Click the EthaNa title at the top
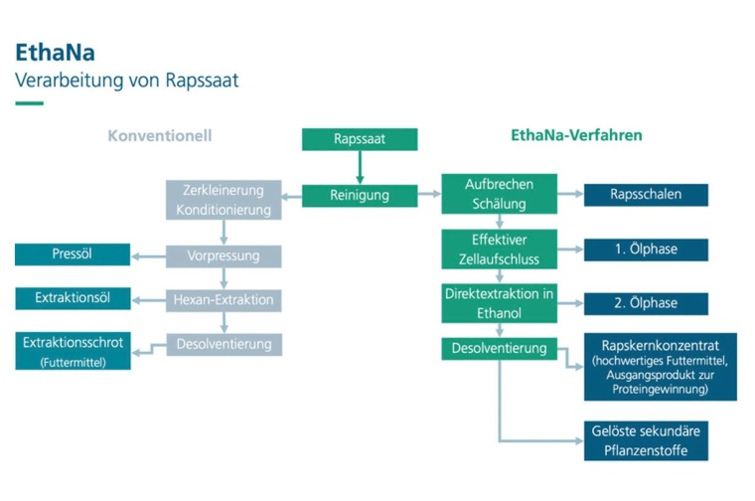[x=56, y=53]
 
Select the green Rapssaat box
[x=360, y=139]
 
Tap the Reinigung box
[x=360, y=196]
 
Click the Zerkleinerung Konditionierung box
[x=224, y=200]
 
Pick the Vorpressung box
[x=224, y=256]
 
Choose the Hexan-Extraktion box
[x=224, y=299]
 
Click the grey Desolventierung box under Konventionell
[x=224, y=344]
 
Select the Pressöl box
[x=73, y=254]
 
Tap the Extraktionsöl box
[x=73, y=298]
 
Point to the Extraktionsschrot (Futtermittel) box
[x=73, y=352]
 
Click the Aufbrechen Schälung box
[x=499, y=194]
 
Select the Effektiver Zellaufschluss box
[x=499, y=249]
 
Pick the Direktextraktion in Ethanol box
[x=499, y=303]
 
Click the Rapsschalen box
[x=646, y=195]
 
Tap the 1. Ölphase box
[x=646, y=250]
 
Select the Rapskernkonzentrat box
[x=660, y=367]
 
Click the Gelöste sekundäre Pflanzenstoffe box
[x=646, y=440]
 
